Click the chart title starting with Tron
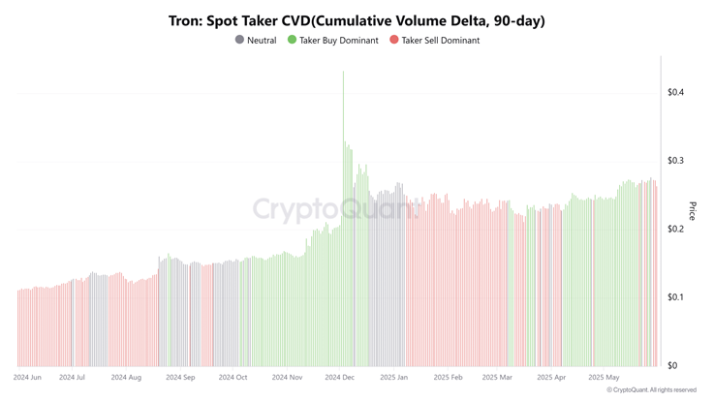coord(357,20)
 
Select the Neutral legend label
coord(262,41)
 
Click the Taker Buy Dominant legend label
coord(339,41)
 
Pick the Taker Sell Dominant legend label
coord(441,41)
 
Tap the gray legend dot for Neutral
coord(240,40)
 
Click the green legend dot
coord(292,40)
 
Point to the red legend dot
coord(394,40)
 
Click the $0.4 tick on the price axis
coord(675,93)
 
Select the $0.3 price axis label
coord(675,161)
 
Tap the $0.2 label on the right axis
coord(675,230)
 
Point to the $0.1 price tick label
coord(675,297)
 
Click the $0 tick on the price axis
coord(671,366)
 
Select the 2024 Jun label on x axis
coord(27,378)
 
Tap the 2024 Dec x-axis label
coord(340,378)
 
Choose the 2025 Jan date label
coord(394,378)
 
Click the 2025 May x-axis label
coord(603,378)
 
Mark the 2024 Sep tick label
coord(180,378)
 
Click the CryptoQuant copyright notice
coord(651,390)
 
